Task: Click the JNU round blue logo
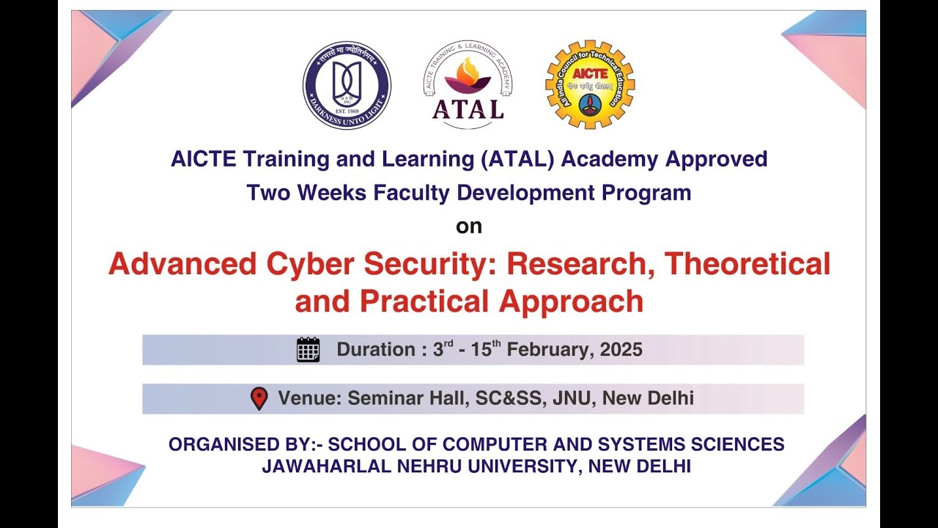click(347, 85)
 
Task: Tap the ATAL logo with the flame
click(468, 85)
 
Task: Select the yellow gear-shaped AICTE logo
click(590, 85)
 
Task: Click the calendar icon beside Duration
click(308, 350)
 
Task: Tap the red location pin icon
click(259, 398)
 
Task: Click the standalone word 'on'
click(469, 227)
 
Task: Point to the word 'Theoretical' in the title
click(747, 264)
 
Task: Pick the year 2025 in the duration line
click(621, 350)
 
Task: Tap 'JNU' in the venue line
click(564, 399)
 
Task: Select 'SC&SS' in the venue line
click(506, 399)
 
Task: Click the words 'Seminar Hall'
click(407, 399)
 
